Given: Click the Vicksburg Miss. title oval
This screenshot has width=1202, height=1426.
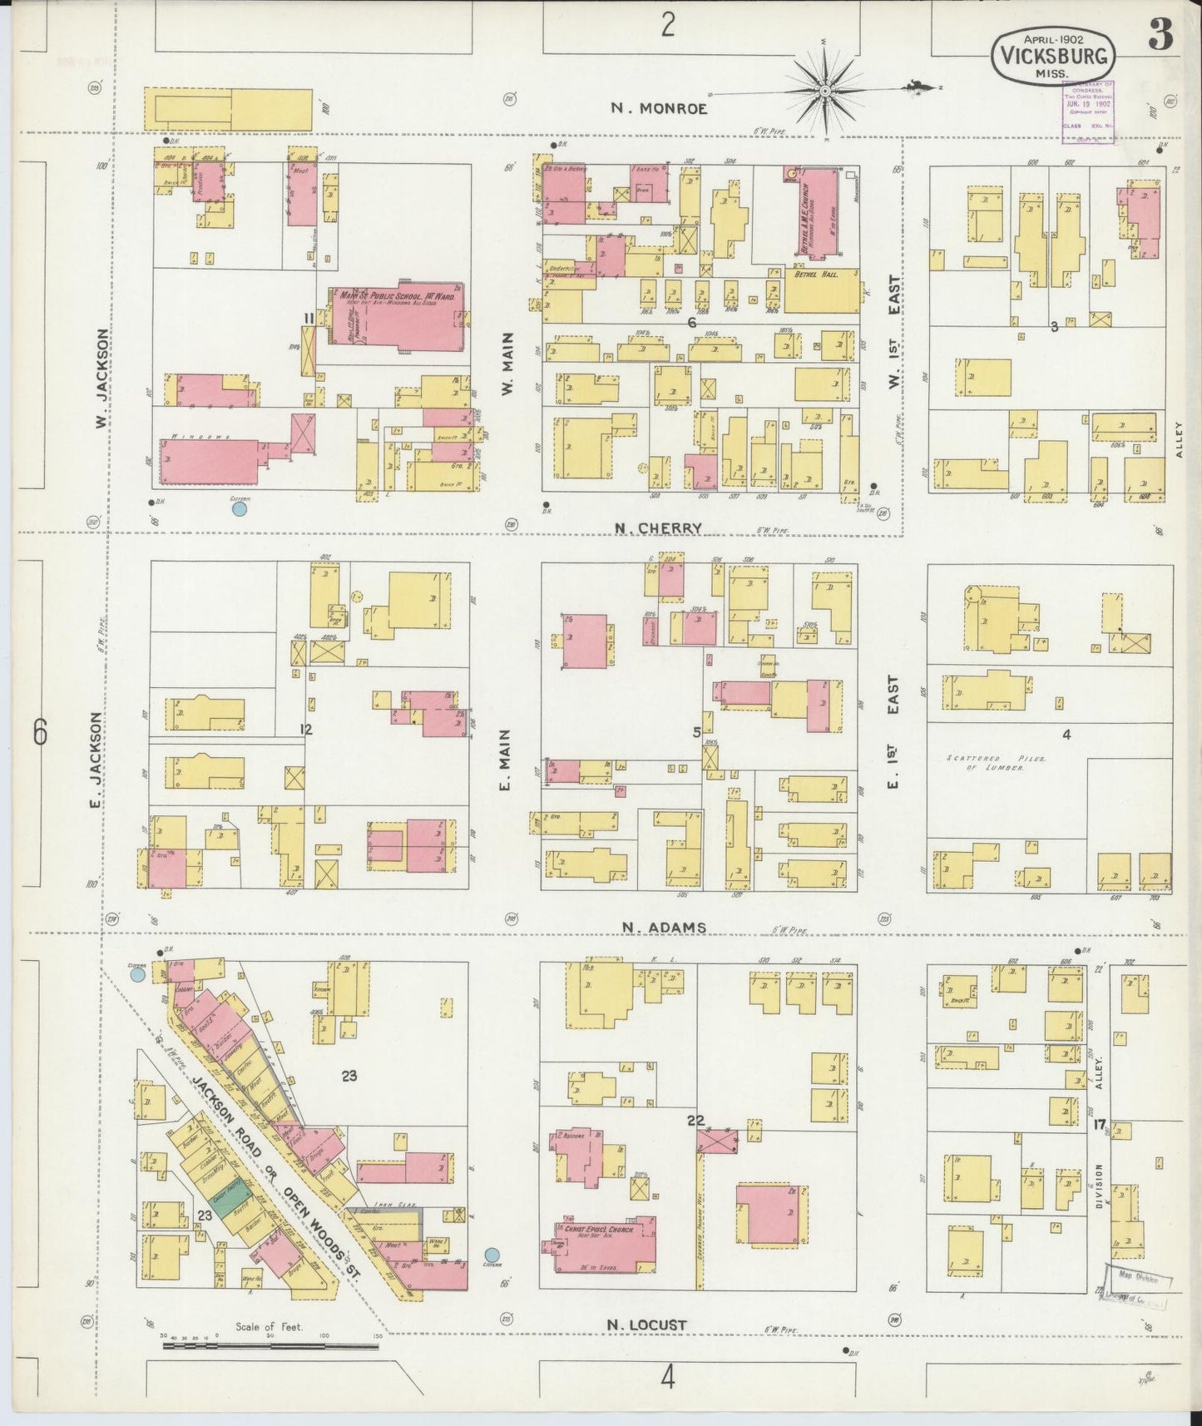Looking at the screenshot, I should pyautogui.click(x=1052, y=55).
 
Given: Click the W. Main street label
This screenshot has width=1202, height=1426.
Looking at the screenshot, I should pyautogui.click(x=508, y=363).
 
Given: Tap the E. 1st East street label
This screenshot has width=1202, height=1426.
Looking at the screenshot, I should pyautogui.click(x=893, y=732).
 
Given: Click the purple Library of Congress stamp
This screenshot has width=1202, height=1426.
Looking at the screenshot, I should pyautogui.click(x=1087, y=112).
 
